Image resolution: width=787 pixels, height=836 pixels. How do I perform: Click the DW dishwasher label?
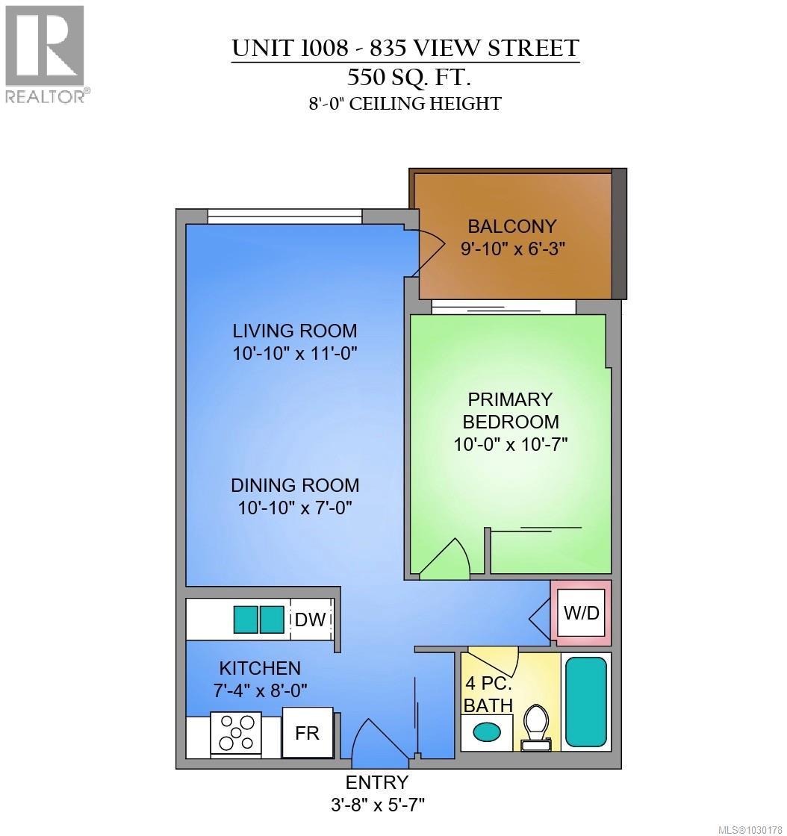click(x=311, y=620)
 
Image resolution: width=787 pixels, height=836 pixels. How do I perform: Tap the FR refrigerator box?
click(x=307, y=733)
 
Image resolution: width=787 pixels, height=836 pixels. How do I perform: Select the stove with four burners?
click(x=235, y=732)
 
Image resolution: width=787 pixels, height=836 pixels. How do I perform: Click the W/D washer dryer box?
click(x=581, y=614)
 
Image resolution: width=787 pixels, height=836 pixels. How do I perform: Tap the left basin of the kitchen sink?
click(x=246, y=620)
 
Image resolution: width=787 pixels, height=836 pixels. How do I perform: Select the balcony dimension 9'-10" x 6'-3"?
click(x=512, y=249)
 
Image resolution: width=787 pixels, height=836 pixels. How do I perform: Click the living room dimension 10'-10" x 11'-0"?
click(x=295, y=353)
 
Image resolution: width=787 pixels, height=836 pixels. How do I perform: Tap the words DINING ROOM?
click(x=295, y=485)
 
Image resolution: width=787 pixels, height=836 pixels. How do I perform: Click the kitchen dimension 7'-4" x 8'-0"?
click(x=259, y=690)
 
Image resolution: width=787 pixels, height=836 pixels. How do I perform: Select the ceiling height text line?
click(x=405, y=104)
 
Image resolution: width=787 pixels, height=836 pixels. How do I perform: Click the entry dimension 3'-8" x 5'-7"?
click(x=376, y=805)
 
